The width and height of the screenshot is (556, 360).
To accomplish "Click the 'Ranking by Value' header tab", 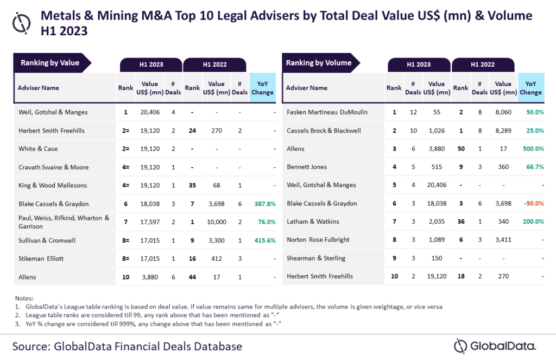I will [x=50, y=63].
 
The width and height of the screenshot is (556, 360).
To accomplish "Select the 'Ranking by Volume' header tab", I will [x=319, y=63].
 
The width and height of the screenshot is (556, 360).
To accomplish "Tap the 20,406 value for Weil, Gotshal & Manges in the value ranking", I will [x=150, y=112].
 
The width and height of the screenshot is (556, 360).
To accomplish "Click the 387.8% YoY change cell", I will [x=263, y=204].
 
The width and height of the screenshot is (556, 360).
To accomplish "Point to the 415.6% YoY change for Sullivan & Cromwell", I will [x=263, y=241].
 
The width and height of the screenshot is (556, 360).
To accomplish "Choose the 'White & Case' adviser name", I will [x=38, y=149].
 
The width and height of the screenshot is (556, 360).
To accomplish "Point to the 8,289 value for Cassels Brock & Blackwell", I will [x=503, y=131].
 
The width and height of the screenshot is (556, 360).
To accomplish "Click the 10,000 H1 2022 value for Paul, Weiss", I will [x=216, y=222].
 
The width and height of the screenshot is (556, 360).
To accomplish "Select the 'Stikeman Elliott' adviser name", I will [x=41, y=258].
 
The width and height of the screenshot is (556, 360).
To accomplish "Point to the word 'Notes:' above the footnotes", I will [x=25, y=299].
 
